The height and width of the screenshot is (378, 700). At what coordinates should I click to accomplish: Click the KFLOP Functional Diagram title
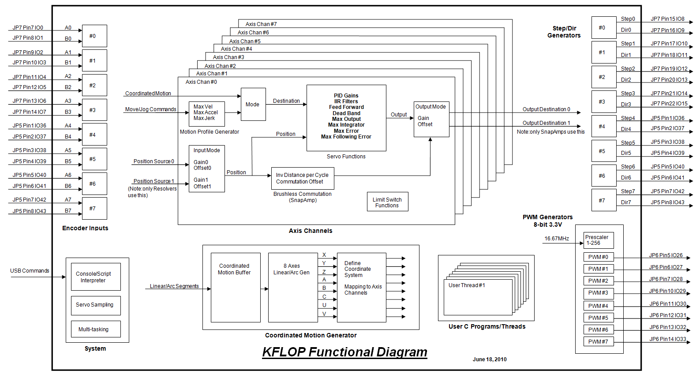pyautogui.click(x=344, y=352)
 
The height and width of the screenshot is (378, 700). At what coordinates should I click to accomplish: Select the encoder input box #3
pyautogui.click(x=94, y=110)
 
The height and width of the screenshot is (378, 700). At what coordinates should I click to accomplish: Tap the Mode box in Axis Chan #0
pyautogui.click(x=253, y=105)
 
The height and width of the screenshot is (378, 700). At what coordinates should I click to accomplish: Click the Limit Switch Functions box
pyautogui.click(x=387, y=202)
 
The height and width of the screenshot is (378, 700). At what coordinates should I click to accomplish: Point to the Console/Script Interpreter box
pyautogui.click(x=96, y=277)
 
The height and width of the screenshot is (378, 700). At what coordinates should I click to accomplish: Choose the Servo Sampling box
pyautogui.click(x=96, y=305)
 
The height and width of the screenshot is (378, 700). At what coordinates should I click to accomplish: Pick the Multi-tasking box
pyautogui.click(x=96, y=329)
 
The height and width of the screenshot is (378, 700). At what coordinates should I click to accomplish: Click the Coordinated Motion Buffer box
pyautogui.click(x=235, y=287)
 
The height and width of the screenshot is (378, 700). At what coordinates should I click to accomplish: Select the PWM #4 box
pyautogui.click(x=598, y=306)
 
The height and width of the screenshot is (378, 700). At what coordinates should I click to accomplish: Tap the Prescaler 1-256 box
pyautogui.click(x=598, y=240)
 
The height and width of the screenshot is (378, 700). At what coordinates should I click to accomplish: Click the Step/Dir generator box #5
pyautogui.click(x=603, y=151)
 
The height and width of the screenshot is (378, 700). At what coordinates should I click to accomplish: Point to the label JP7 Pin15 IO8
pyautogui.click(x=667, y=19)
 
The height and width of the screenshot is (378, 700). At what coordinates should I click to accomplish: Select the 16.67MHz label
pyautogui.click(x=556, y=239)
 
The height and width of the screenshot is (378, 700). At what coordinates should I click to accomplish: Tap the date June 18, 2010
pyautogui.click(x=490, y=359)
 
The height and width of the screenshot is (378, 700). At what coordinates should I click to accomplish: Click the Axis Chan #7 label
pyautogui.click(x=261, y=24)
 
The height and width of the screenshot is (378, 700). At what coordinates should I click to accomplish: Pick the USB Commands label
pyautogui.click(x=30, y=271)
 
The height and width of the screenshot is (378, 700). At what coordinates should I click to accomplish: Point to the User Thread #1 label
pyautogui.click(x=467, y=285)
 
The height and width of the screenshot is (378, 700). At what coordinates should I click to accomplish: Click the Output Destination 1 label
pyautogui.click(x=546, y=123)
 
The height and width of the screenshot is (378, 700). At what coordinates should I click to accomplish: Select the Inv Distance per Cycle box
pyautogui.click(x=302, y=178)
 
